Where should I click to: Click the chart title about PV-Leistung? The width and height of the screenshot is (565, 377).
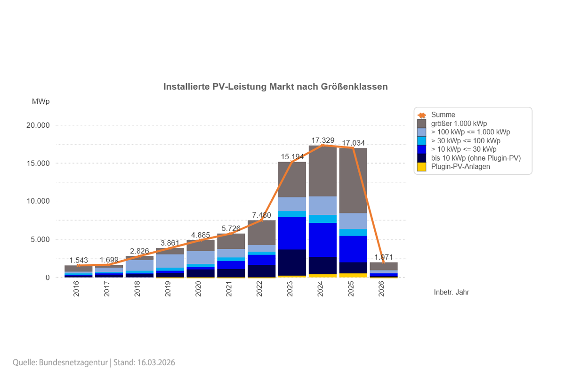pyautogui.click(x=275, y=87)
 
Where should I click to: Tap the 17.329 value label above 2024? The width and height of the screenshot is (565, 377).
pyautogui.click(x=323, y=140)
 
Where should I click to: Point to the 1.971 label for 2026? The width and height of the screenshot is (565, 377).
pyautogui.click(x=384, y=257)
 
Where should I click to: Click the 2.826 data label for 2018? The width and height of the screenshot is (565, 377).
pyautogui.click(x=139, y=251)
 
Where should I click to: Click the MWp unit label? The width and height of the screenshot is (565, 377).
pyautogui.click(x=40, y=102)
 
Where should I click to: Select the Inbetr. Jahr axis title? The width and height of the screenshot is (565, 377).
pyautogui.click(x=452, y=292)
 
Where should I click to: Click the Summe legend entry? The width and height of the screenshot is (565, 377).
pyautogui.click(x=443, y=115)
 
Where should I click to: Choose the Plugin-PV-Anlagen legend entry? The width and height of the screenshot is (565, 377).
pyautogui.click(x=460, y=166)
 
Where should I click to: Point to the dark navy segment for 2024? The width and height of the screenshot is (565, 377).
pyautogui.click(x=323, y=265)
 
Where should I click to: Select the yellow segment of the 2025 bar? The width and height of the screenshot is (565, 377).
pyautogui.click(x=353, y=275)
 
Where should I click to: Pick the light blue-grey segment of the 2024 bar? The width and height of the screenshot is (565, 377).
pyautogui.click(x=323, y=205)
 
